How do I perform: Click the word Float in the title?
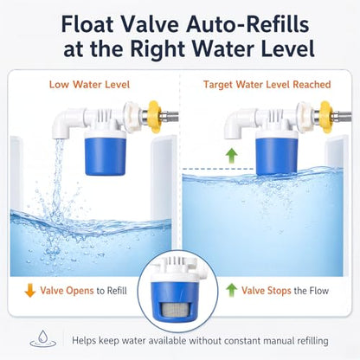[87, 24]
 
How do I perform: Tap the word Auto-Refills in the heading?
[247, 24]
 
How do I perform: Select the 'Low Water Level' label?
[89, 85]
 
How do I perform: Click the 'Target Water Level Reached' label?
[267, 85]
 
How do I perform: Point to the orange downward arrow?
[30, 291]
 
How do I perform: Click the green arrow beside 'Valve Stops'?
[232, 290]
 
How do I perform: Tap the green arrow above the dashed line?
[231, 156]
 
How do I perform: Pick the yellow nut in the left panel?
[154, 117]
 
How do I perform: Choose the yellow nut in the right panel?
[326, 117]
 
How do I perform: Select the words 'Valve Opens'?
[67, 291]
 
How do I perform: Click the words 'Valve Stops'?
[267, 291]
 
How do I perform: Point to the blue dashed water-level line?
[219, 169]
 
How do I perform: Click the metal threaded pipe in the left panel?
[170, 117]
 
